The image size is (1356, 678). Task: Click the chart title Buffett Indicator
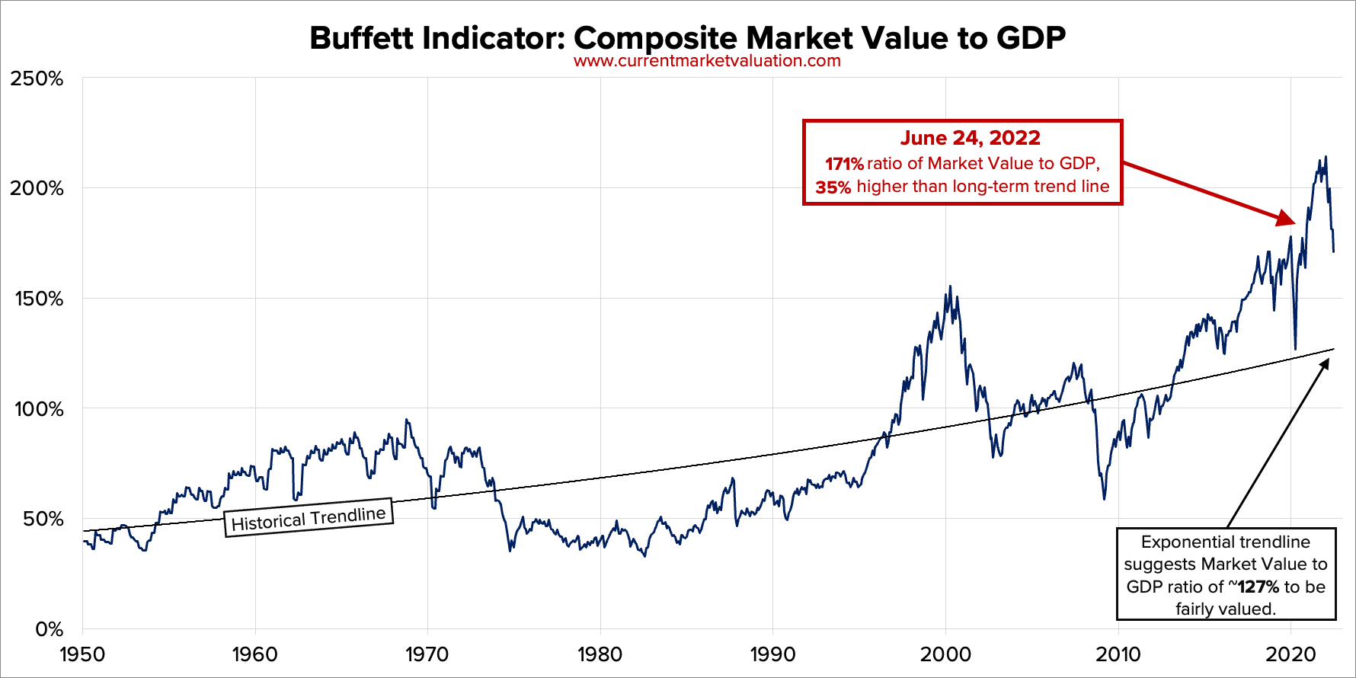tap(687, 38)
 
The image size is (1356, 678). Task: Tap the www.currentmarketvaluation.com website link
tap(707, 61)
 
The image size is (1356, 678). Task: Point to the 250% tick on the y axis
tap(37, 78)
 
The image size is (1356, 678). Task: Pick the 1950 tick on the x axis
tap(82, 654)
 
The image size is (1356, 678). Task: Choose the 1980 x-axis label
tap(600, 654)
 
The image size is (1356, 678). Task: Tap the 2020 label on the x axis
tap(1290, 654)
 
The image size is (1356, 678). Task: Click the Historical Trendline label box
tap(309, 519)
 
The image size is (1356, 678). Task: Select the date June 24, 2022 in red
tap(970, 138)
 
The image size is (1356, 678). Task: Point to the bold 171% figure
tap(844, 164)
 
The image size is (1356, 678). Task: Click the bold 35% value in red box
tap(833, 187)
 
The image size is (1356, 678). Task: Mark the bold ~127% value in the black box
tap(1256, 587)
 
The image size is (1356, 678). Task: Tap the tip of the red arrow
tap(1294, 223)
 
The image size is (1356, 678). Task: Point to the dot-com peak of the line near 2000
tap(949, 286)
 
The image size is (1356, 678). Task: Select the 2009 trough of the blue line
tap(1104, 499)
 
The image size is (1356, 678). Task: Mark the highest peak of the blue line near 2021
tap(1326, 157)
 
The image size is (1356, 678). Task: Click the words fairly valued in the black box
tap(1225, 609)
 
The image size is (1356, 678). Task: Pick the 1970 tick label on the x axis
tap(427, 654)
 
